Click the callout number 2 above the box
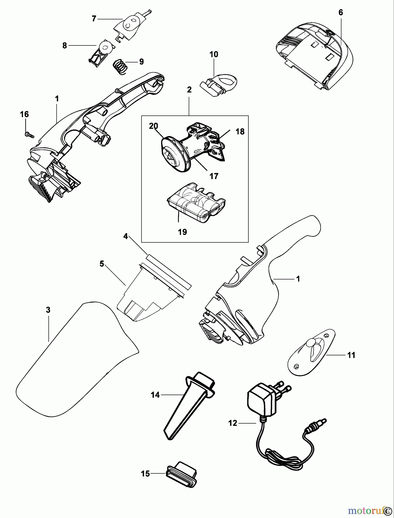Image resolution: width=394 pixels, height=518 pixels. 189,90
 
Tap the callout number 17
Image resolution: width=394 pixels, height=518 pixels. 214,176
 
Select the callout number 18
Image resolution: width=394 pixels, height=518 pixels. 240,132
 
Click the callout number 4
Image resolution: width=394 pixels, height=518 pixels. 125,237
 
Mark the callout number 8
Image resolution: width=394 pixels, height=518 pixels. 64,45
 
